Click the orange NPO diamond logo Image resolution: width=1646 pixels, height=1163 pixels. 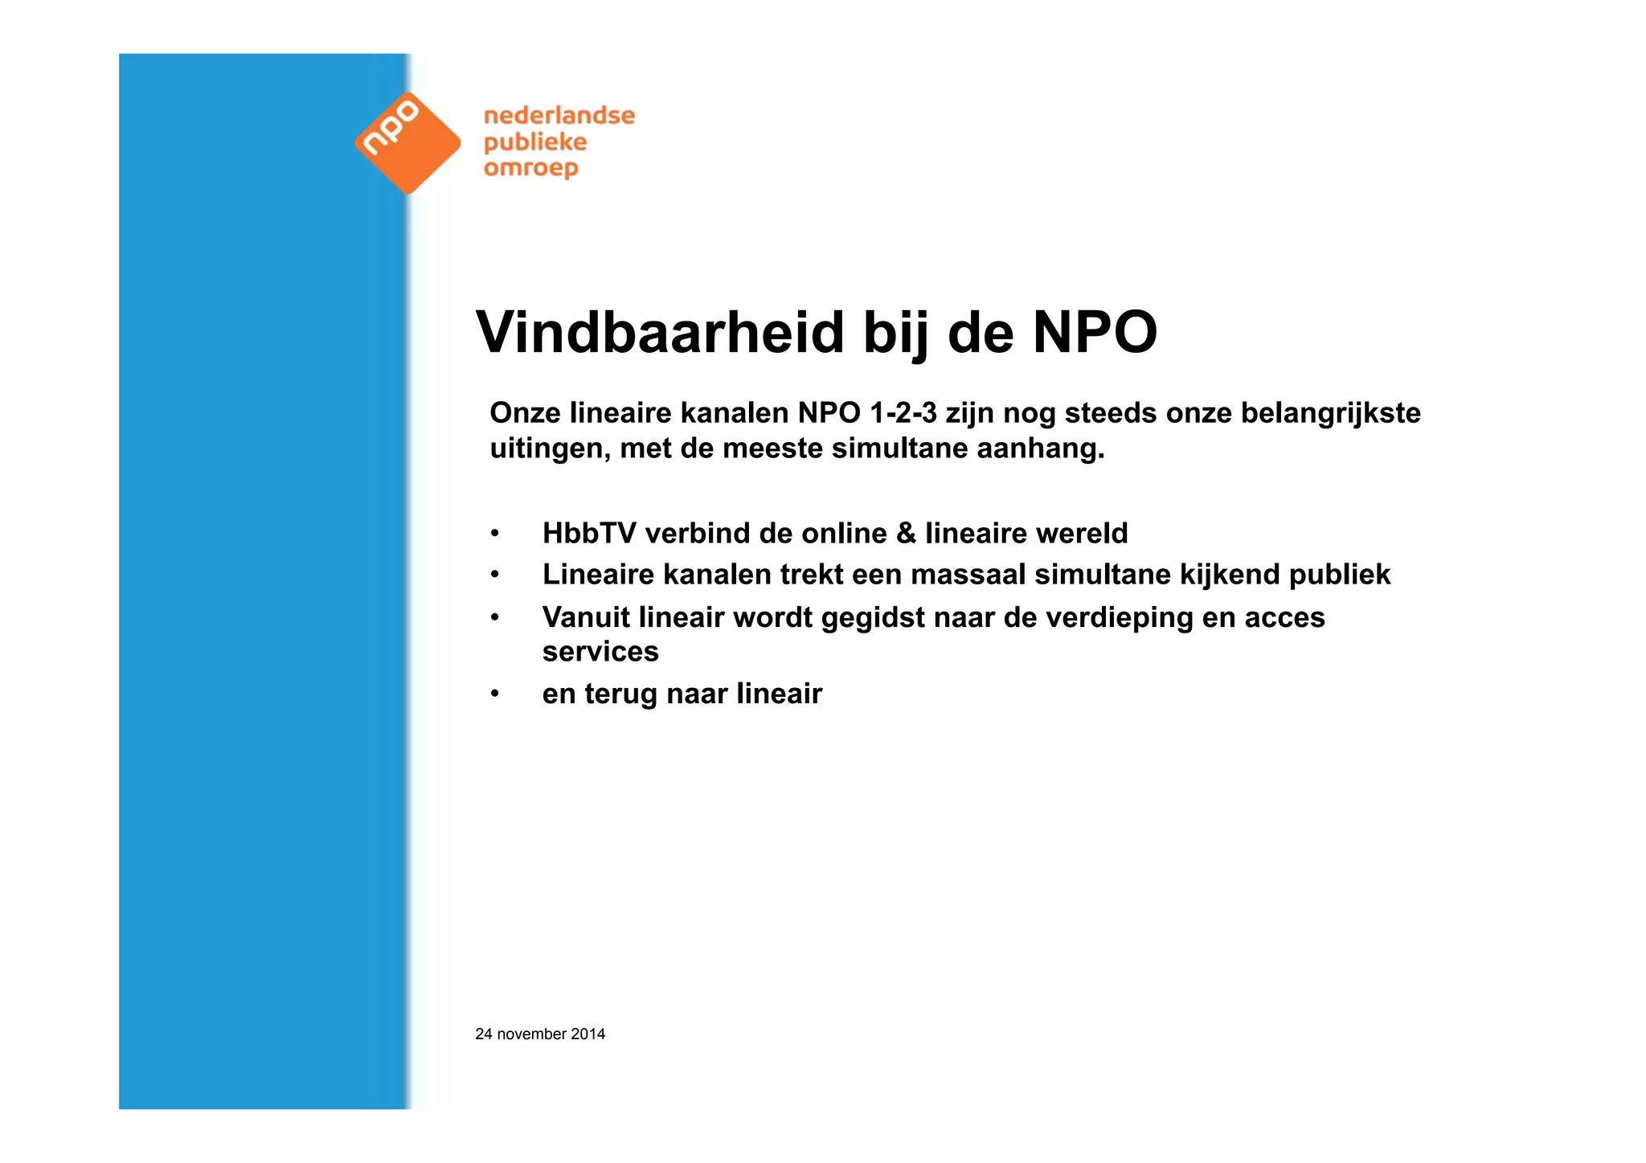click(x=407, y=143)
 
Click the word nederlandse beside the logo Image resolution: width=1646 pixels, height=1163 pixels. click(x=559, y=116)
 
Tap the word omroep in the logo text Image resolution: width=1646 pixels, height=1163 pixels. click(x=530, y=169)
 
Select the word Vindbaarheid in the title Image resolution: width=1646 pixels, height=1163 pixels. click(x=660, y=333)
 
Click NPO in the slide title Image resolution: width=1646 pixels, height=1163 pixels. click(x=1095, y=333)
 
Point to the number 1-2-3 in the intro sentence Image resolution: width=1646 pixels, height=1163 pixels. click(x=903, y=413)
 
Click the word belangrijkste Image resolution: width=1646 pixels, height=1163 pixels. click(x=1330, y=413)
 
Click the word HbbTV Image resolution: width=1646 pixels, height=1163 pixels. click(x=589, y=534)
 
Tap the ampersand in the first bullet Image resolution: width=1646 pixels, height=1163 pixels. click(x=906, y=534)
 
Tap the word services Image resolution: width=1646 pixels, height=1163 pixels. click(x=600, y=652)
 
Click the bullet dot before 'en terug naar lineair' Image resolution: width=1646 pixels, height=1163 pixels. click(x=495, y=694)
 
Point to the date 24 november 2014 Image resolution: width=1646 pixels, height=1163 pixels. click(x=540, y=1034)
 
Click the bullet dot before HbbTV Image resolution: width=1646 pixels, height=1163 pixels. click(x=495, y=534)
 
